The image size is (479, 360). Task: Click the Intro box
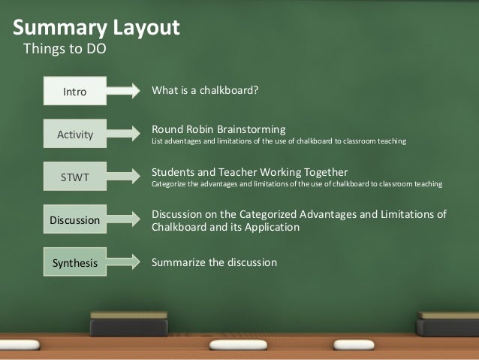pyautogui.click(x=74, y=92)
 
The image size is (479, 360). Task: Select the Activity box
pyautogui.click(x=74, y=135)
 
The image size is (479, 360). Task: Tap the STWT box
pyautogui.click(x=74, y=177)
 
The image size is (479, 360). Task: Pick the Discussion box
pyautogui.click(x=74, y=220)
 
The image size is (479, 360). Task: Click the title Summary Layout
pyautogui.click(x=96, y=28)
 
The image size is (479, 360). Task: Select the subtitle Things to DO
pyautogui.click(x=66, y=51)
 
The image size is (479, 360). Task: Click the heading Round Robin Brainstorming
pyautogui.click(x=218, y=129)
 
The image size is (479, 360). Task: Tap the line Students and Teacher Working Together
pyautogui.click(x=250, y=171)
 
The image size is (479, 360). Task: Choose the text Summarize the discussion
pyautogui.click(x=215, y=262)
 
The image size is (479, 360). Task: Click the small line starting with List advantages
pyautogui.click(x=279, y=141)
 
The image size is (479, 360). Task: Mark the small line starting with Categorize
pyautogui.click(x=297, y=183)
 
